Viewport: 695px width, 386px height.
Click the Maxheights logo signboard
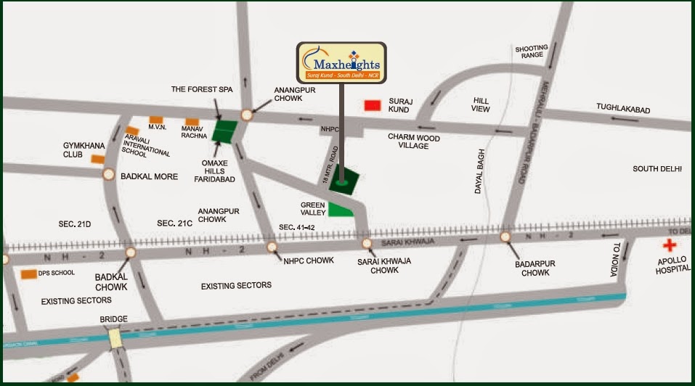341,62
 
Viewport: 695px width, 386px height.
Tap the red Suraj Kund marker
373,106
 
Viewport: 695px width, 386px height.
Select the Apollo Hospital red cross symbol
669,246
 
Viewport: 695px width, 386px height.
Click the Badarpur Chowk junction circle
505,237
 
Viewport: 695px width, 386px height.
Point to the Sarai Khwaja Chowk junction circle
367,243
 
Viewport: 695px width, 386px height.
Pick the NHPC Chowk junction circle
272,247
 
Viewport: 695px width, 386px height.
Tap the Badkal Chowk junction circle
131,252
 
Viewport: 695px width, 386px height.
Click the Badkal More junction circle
109,174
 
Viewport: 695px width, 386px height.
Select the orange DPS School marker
29,274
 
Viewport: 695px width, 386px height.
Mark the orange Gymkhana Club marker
97,159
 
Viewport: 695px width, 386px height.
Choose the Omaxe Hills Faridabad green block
225,131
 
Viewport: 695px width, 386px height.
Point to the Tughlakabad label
623,109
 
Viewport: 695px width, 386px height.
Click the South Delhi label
657,168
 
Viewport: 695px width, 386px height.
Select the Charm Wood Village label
418,141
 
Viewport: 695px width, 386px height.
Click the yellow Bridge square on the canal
115,338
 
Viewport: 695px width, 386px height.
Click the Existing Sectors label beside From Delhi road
236,285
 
